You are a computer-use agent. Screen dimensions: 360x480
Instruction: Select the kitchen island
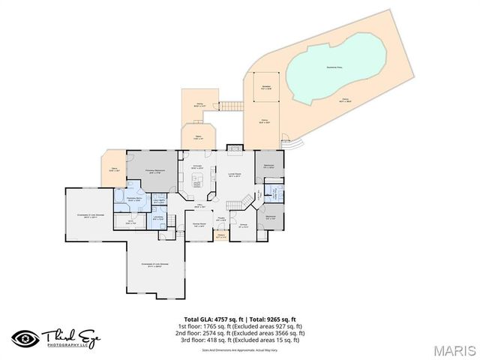197,182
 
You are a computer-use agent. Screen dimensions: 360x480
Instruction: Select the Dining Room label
199,225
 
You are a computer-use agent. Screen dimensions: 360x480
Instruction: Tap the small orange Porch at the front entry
221,237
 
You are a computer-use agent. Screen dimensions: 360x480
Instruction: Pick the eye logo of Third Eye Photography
25,337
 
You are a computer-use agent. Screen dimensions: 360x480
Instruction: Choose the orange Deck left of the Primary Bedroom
114,169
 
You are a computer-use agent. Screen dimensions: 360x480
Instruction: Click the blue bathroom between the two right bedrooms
275,193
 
